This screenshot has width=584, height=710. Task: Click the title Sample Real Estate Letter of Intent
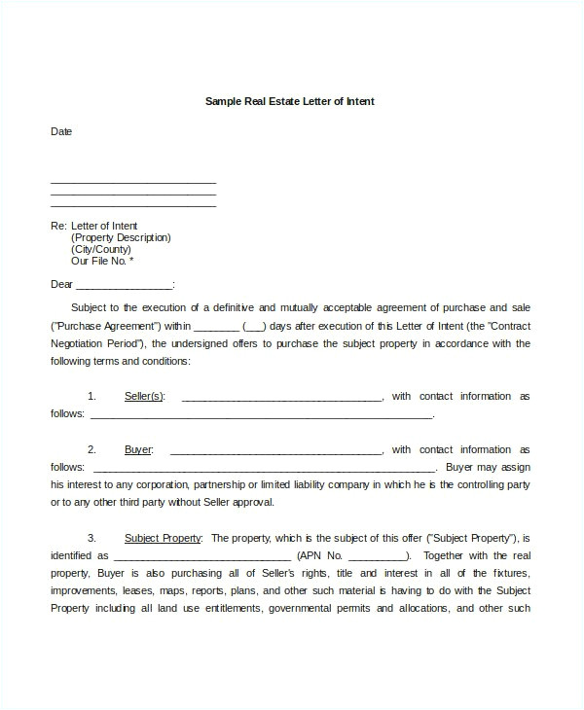pyautogui.click(x=290, y=100)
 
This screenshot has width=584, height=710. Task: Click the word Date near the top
pyautogui.click(x=61, y=131)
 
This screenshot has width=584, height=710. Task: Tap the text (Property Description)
pyautogui.click(x=121, y=237)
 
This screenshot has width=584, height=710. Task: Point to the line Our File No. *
pyautogui.click(x=102, y=261)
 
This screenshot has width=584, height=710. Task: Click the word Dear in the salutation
pyautogui.click(x=61, y=284)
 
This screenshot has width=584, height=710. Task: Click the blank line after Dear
pyautogui.click(x=124, y=286)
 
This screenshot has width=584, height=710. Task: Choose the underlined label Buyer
pyautogui.click(x=138, y=449)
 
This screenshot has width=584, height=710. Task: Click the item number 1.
pyautogui.click(x=91, y=396)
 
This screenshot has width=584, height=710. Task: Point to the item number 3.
pyautogui.click(x=91, y=537)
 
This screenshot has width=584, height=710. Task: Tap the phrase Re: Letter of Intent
pyautogui.click(x=94, y=226)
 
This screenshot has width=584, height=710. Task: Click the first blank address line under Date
pyautogui.click(x=132, y=183)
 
